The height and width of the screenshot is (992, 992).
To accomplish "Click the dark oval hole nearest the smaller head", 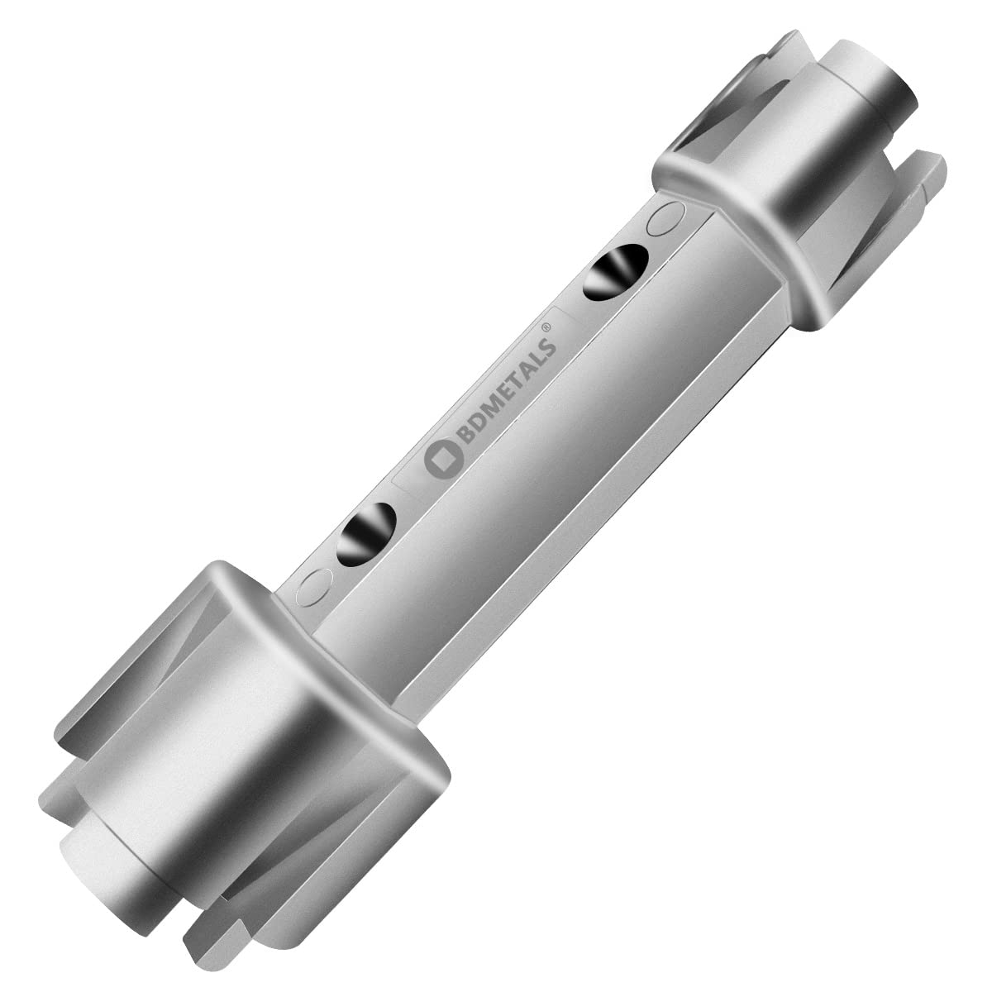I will [x=616, y=272].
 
